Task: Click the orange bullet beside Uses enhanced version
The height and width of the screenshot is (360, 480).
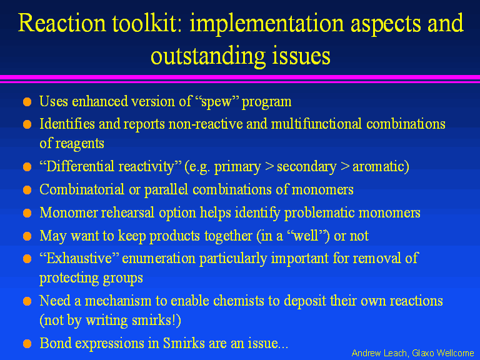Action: click(x=27, y=102)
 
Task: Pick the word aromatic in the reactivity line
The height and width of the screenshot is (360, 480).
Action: click(x=377, y=166)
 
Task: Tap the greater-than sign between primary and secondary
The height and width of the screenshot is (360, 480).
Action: click(x=269, y=167)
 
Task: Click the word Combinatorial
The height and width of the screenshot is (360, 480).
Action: click(x=82, y=189)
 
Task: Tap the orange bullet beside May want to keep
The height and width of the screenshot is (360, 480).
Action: click(x=27, y=236)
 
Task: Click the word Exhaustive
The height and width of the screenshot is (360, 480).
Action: click(x=79, y=258)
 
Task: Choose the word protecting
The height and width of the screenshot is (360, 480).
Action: click(x=69, y=279)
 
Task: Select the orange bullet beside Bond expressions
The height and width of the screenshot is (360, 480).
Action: click(x=27, y=344)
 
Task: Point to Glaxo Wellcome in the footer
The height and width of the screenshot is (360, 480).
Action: click(x=443, y=353)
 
